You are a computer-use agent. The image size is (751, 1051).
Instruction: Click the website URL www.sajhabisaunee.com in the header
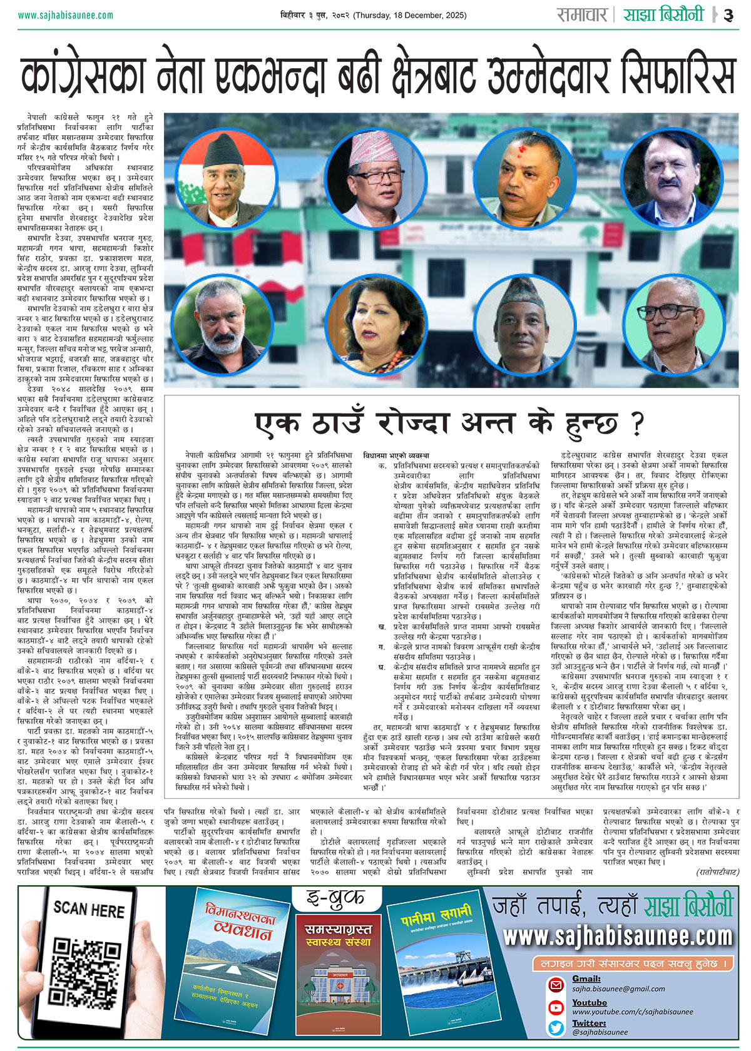(66, 15)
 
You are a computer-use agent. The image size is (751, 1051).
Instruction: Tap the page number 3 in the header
(728, 15)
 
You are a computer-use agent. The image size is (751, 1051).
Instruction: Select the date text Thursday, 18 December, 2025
(410, 15)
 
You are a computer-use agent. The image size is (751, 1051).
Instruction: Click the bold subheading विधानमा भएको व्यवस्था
(396, 455)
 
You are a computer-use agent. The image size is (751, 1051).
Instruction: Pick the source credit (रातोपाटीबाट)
(717, 871)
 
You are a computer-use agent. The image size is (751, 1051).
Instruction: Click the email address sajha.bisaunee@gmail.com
(618, 989)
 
